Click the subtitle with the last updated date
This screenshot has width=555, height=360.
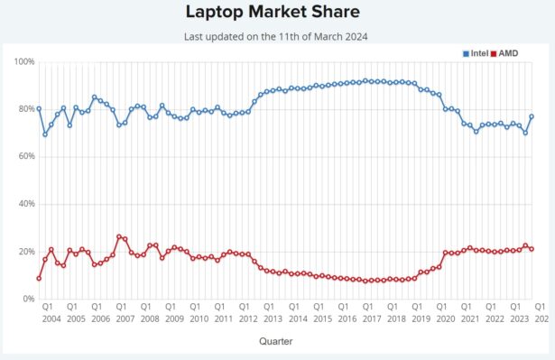coord(277,36)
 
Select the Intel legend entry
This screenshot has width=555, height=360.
coord(476,53)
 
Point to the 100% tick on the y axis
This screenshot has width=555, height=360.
coord(24,61)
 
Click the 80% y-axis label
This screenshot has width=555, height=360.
coord(24,109)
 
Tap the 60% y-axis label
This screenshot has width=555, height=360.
coord(24,156)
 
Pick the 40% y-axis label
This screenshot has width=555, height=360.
coord(24,204)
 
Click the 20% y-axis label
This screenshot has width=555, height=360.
coord(24,251)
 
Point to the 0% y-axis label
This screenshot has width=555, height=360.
coord(27,299)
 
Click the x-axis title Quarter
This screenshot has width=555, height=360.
coord(275,342)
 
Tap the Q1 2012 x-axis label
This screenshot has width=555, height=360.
coord(247,313)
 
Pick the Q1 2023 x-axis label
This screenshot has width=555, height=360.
coord(520,313)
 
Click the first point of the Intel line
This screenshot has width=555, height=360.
coord(39,108)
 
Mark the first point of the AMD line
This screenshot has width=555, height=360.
coord(39,278)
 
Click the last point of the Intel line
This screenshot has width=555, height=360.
coord(532,116)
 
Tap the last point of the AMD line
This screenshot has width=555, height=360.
coord(532,249)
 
